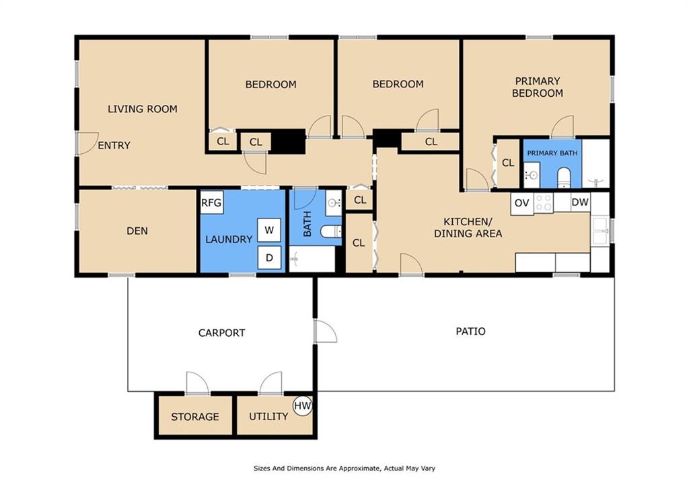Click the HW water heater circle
pyautogui.click(x=302, y=405)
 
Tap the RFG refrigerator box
pyautogui.click(x=212, y=202)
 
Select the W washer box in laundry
pyautogui.click(x=269, y=230)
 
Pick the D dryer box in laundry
pyautogui.click(x=269, y=257)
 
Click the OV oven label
pyautogui.click(x=521, y=203)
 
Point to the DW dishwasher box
pyautogui.click(x=580, y=202)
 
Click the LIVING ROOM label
pyautogui.click(x=143, y=109)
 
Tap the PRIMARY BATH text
pyautogui.click(x=552, y=153)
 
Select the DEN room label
pyautogui.click(x=137, y=231)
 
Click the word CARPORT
pyautogui.click(x=221, y=333)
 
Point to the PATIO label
pyautogui.click(x=470, y=331)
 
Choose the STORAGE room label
pyautogui.click(x=195, y=417)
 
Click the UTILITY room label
pyautogui.click(x=268, y=416)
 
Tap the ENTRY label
pyautogui.click(x=114, y=145)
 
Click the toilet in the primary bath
pyautogui.click(x=563, y=177)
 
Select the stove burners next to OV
pyautogui.click(x=544, y=203)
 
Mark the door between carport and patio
pyautogui.click(x=326, y=331)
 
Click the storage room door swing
pyautogui.click(x=197, y=383)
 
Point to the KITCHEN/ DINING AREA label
pyautogui.click(x=468, y=227)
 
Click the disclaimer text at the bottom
pyautogui.click(x=344, y=469)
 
